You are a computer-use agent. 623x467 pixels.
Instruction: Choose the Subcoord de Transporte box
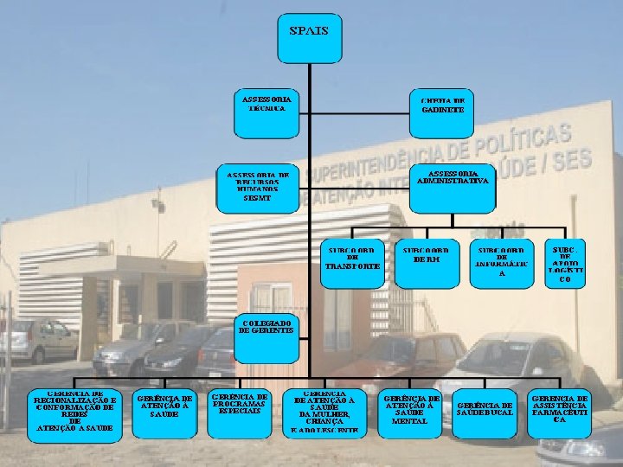click(x=352, y=262)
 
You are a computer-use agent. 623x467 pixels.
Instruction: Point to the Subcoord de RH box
click(x=427, y=262)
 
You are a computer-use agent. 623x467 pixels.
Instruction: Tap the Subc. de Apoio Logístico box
click(x=565, y=262)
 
